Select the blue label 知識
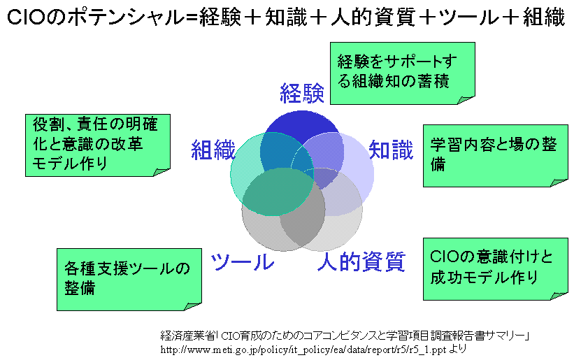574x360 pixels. pos(391,150)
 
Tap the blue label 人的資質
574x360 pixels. pos(361,261)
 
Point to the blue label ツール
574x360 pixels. pos(242,261)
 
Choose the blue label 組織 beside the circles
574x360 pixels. pos(213,150)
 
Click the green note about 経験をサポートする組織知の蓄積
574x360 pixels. pos(402,72)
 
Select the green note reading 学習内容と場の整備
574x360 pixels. pos(495,155)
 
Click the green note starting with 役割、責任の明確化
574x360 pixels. pos(98,144)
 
